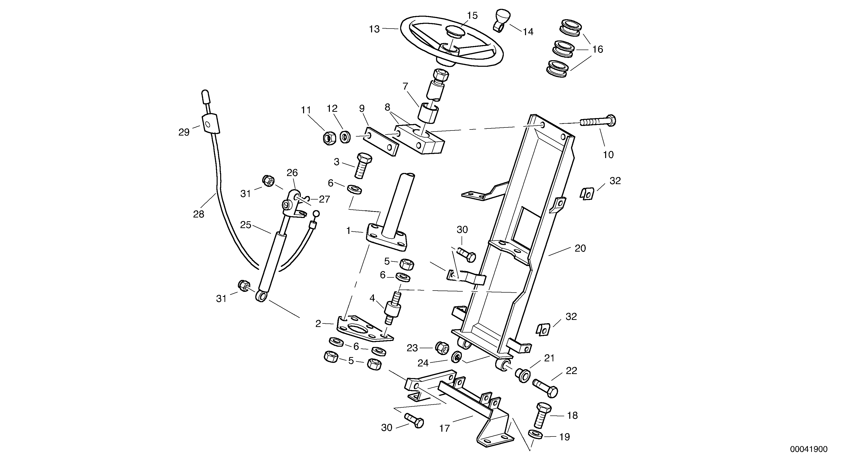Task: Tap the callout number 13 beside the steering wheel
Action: click(374, 29)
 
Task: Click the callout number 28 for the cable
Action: click(199, 214)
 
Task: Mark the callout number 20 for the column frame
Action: click(580, 249)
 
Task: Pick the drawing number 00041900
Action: click(808, 449)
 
